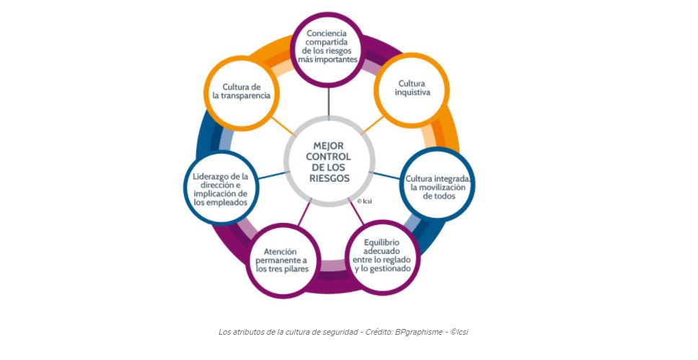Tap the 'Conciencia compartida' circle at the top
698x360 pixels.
pyautogui.click(x=328, y=46)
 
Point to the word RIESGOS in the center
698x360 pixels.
pyautogui.click(x=328, y=177)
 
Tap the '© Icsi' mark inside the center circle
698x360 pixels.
pyautogui.click(x=364, y=201)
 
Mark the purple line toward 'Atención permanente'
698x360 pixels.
pyautogui.click(x=304, y=216)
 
